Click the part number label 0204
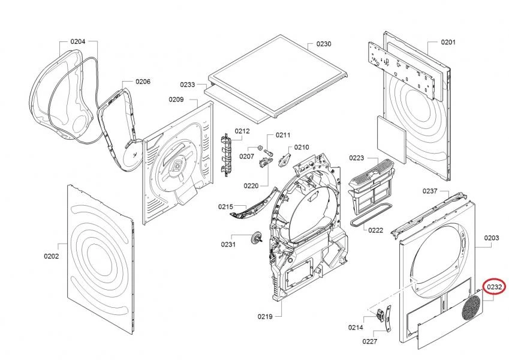[x=77, y=41]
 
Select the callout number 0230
[x=324, y=44]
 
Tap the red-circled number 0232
[x=495, y=287]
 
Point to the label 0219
[x=265, y=316]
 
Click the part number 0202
[x=52, y=256]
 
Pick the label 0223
[x=357, y=158]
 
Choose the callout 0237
[x=430, y=191]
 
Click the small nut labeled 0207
[x=260, y=148]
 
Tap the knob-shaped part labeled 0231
[x=257, y=238]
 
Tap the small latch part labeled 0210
[x=284, y=160]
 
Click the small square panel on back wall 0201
[x=391, y=140]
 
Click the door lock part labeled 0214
[x=380, y=314]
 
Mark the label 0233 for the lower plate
[x=187, y=85]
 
